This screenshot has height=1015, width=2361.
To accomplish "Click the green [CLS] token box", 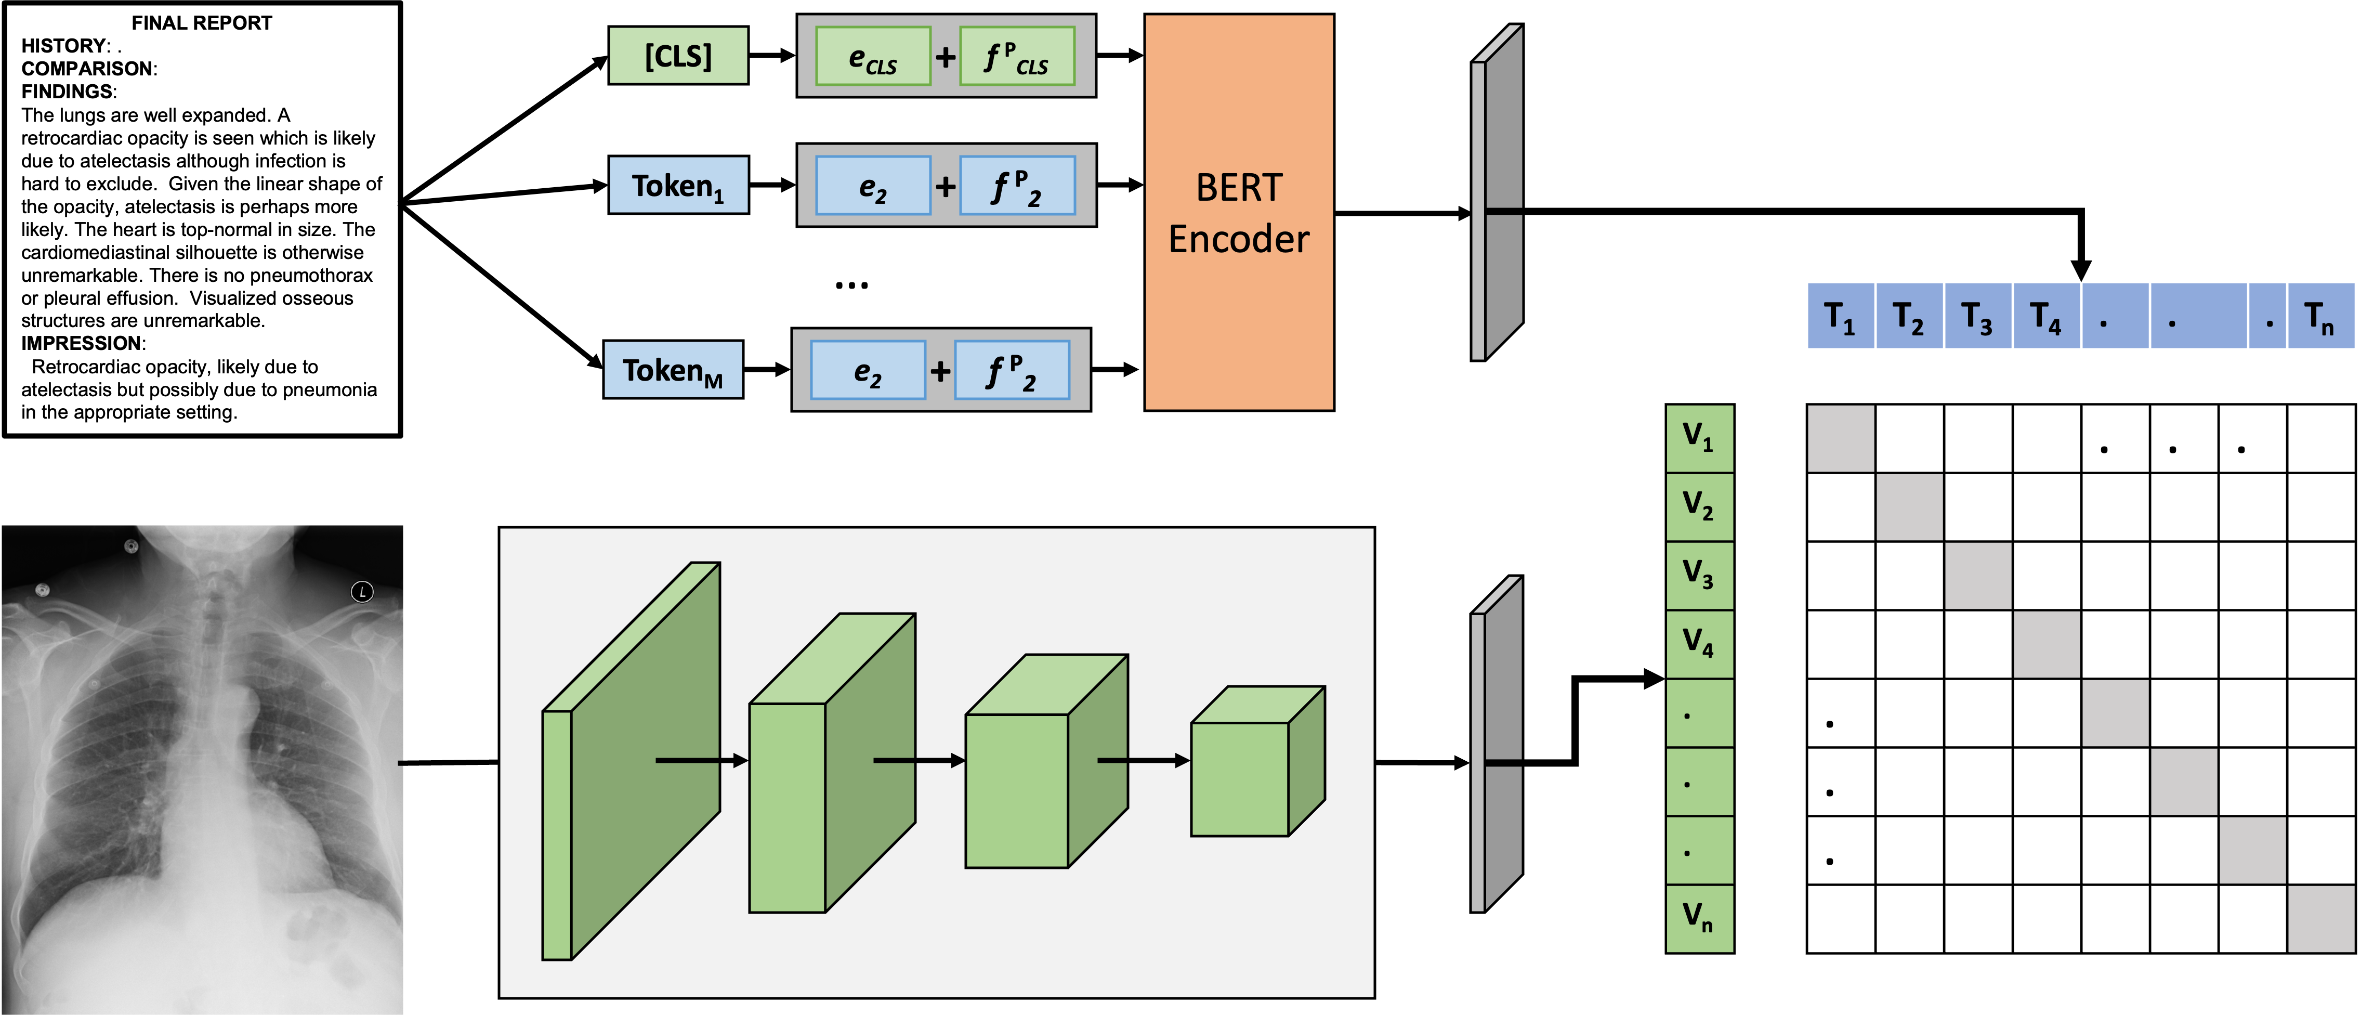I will tap(678, 56).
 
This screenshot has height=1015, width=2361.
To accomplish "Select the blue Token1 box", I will tap(678, 185).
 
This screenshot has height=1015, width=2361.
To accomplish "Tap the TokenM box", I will tap(673, 370).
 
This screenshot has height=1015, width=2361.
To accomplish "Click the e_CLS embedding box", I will tap(873, 57).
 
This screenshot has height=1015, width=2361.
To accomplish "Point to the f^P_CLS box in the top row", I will tap(1016, 57).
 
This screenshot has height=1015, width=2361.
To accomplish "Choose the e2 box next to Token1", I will tap(873, 186).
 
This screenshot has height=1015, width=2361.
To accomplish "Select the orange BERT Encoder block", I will tap(1238, 212).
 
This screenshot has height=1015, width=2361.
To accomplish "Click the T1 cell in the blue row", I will tap(1840, 316).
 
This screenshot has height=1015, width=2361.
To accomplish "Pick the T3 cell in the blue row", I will tap(1977, 316).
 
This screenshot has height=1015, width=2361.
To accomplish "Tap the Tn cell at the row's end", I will tap(2320, 316).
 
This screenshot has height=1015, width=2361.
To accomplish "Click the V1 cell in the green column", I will tap(1698, 438).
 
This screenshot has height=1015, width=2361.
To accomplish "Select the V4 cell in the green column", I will tap(1698, 644).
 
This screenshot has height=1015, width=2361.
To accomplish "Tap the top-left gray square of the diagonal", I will tap(1841, 438).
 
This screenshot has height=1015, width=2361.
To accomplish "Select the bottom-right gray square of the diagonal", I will tap(2320, 919).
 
